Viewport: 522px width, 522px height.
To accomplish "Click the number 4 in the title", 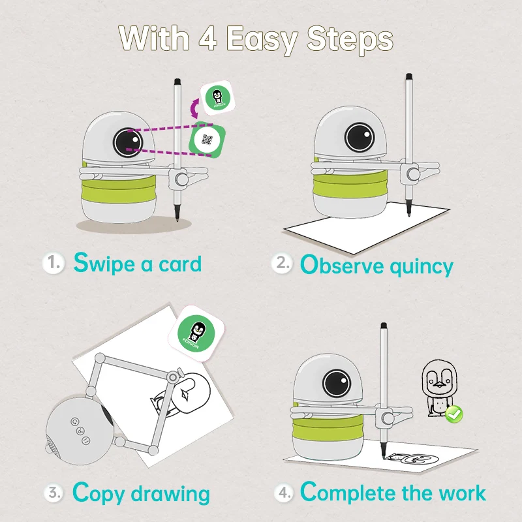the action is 208,38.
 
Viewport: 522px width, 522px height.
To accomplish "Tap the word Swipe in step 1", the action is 104,264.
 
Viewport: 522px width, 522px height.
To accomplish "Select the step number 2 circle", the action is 282,264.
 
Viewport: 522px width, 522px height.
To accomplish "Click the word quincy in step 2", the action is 422,268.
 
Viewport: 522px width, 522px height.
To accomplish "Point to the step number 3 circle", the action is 54,493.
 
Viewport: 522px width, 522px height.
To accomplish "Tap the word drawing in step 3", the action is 170,495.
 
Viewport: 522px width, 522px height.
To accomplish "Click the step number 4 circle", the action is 284,493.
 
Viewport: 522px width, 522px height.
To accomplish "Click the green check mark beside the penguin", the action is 454,414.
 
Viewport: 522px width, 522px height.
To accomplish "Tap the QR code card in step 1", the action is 207,140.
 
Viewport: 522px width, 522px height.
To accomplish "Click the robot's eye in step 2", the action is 360,137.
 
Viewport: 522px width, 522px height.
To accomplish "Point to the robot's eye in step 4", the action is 337,383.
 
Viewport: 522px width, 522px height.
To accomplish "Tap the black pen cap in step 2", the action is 409,76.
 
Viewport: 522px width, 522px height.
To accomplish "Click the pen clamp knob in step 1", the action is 181,179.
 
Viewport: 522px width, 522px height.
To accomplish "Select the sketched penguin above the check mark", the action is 439,387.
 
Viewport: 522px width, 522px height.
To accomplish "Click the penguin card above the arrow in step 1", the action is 217,97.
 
